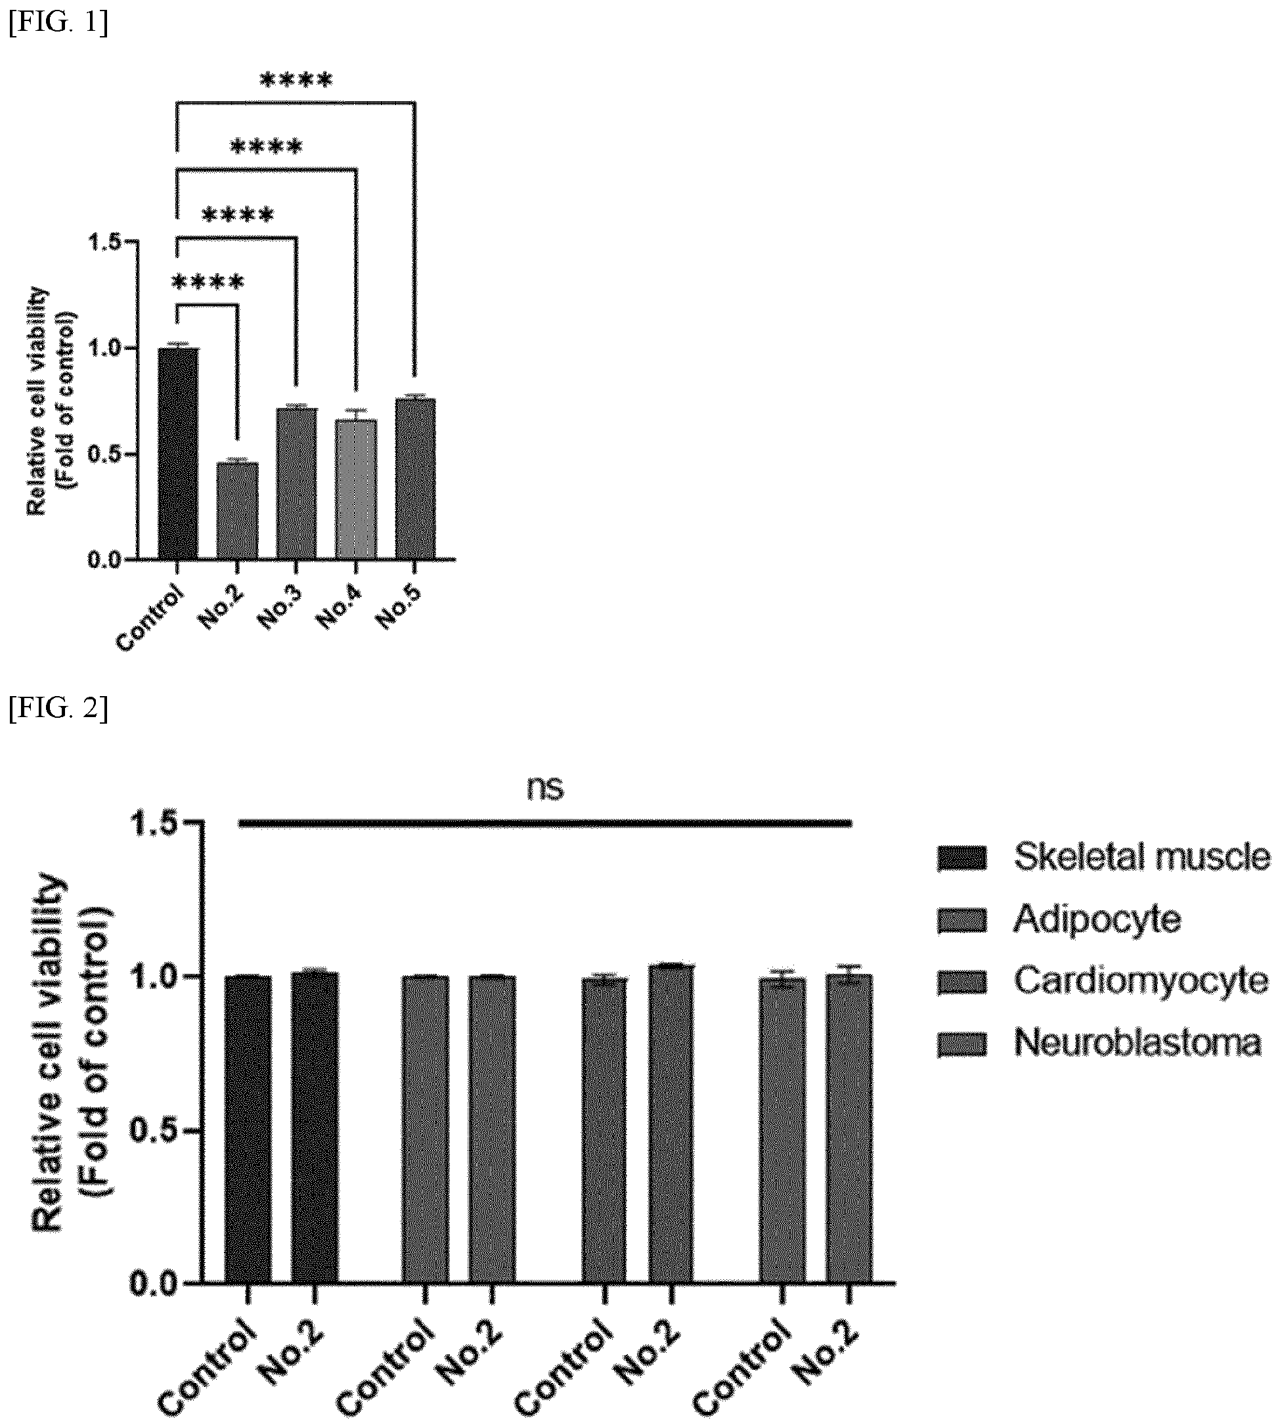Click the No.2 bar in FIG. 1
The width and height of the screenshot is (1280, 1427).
(x=237, y=511)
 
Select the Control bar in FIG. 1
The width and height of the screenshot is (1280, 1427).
(x=178, y=454)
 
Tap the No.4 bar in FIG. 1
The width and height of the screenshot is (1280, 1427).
(x=356, y=489)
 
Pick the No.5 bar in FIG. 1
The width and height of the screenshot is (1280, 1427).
(x=415, y=479)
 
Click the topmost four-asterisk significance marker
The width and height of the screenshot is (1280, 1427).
(x=296, y=81)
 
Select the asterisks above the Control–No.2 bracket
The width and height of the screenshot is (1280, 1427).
(x=208, y=284)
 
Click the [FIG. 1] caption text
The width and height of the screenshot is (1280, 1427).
(x=58, y=23)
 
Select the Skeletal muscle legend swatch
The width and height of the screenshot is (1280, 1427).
(x=961, y=858)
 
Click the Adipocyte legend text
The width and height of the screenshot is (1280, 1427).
(x=1097, y=919)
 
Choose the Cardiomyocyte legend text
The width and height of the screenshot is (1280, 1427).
(x=1141, y=980)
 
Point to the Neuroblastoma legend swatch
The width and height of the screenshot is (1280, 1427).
(x=961, y=1043)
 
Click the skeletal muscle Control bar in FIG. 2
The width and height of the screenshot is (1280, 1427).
(x=248, y=1129)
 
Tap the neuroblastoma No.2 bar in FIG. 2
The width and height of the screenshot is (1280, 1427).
(x=850, y=1128)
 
